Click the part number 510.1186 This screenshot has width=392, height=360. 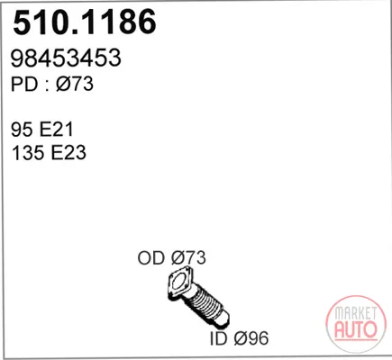click(85, 22)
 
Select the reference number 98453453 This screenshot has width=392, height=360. click(66, 58)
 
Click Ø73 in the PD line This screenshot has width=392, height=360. click(75, 84)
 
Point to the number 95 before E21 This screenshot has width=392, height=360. click(22, 130)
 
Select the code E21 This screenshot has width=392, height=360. click(57, 130)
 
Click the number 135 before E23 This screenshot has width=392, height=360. click(27, 152)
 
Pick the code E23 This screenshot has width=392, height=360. click(68, 152)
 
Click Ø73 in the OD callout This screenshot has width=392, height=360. click(188, 257)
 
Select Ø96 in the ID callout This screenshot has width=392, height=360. click(251, 338)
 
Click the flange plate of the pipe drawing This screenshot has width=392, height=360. click(180, 283)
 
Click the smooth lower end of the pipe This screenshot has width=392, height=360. click(223, 319)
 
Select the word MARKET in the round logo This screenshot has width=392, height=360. click(356, 313)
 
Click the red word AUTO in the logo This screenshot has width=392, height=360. click(356, 329)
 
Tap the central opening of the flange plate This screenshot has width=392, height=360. click(180, 283)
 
